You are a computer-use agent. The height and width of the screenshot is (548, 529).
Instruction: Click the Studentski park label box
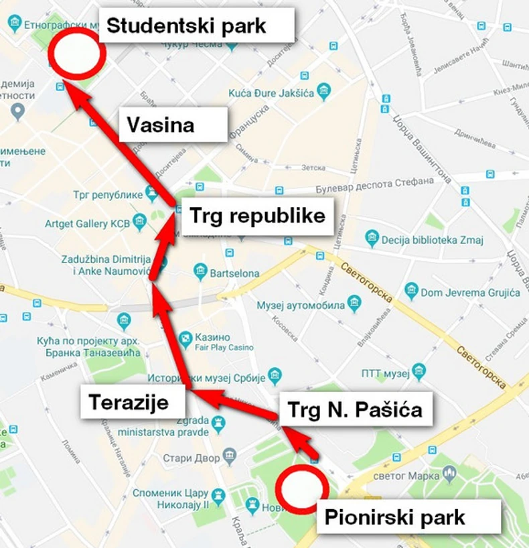(x=198, y=26)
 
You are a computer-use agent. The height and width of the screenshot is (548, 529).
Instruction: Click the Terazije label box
(x=133, y=402)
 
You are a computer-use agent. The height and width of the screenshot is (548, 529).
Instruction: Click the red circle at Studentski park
(x=78, y=54)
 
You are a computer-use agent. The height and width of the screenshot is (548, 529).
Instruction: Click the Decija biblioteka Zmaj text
(x=433, y=238)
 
